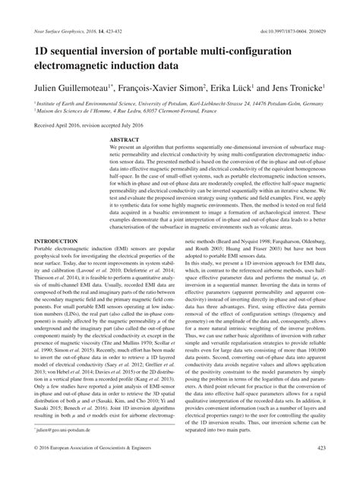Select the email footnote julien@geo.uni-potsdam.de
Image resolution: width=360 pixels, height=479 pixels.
pyautogui.click(x=64, y=449)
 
